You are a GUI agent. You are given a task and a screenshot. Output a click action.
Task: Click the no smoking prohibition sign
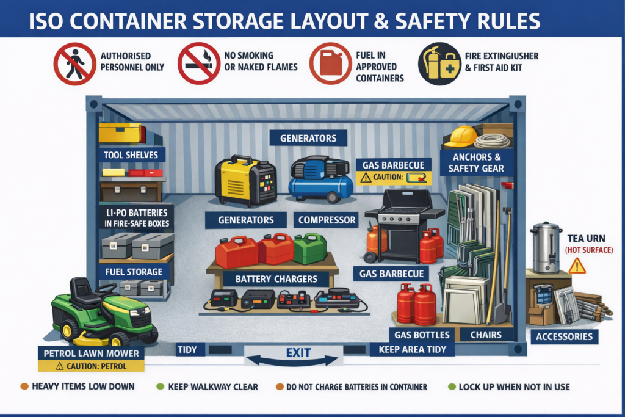(x=199, y=63)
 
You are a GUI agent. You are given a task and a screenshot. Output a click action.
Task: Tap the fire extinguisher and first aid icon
(x=439, y=63)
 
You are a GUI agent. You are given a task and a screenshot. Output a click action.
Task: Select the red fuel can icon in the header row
(x=331, y=63)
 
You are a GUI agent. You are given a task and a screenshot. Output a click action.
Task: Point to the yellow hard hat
(x=460, y=136)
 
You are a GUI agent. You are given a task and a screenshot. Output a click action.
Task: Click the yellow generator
(x=245, y=181)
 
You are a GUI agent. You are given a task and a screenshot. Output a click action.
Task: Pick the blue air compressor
(x=321, y=179)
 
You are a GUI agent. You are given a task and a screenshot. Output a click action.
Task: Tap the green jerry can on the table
(x=310, y=248)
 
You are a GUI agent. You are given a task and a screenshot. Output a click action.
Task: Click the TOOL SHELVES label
(x=131, y=155)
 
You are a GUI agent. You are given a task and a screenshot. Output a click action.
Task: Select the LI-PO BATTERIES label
(x=136, y=218)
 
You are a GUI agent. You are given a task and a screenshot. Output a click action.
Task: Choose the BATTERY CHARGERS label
(x=276, y=279)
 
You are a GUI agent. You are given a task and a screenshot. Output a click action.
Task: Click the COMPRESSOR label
(x=327, y=220)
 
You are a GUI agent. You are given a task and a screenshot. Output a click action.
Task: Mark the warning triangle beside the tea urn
(x=577, y=266)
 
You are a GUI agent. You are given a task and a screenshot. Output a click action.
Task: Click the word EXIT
(x=298, y=352)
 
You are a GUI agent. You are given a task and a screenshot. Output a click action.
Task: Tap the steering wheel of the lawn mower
(x=107, y=288)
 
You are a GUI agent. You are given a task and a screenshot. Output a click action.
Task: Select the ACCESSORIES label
(x=565, y=337)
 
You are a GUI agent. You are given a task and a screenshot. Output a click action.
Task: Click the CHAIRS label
(x=486, y=335)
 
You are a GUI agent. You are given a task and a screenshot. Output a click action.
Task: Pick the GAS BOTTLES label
(x=422, y=335)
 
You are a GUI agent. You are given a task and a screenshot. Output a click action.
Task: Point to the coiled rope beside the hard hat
(x=492, y=140)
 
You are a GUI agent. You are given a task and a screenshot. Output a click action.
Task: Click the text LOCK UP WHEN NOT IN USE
(x=514, y=386)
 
